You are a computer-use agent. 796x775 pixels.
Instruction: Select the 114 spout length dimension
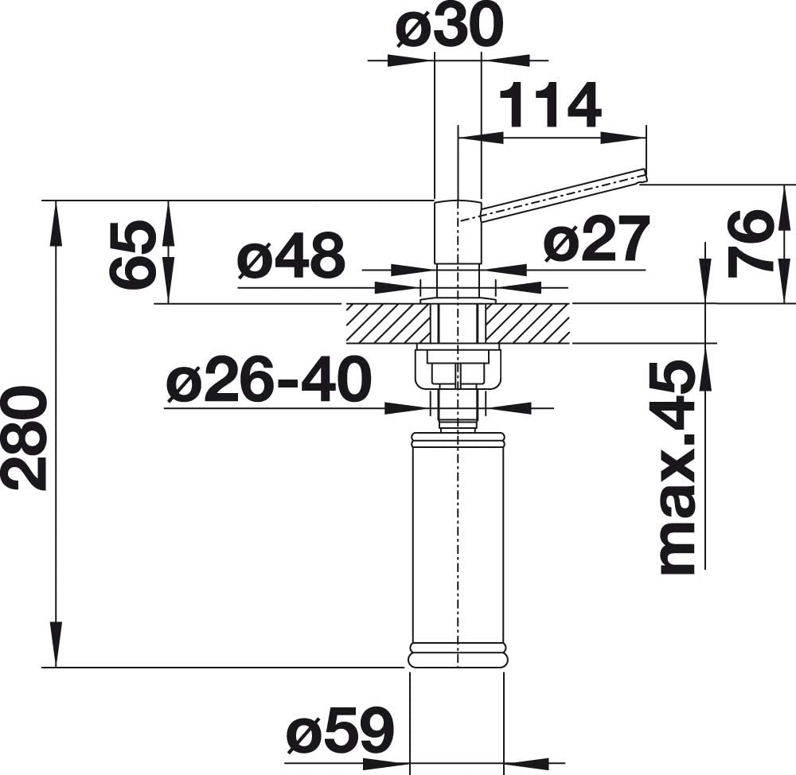click(549, 105)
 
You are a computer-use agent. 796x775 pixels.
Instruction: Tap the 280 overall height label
click(24, 437)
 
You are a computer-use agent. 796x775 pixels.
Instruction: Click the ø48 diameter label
click(291, 257)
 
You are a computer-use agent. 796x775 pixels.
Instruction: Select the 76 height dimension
click(751, 243)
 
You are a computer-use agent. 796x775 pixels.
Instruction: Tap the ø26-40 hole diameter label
click(268, 380)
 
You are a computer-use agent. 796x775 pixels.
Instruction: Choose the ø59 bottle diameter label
click(340, 729)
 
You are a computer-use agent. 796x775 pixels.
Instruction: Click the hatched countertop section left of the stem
click(386, 323)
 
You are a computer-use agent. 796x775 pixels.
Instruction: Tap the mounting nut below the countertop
click(458, 367)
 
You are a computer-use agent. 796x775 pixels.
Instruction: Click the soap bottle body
click(458, 541)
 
